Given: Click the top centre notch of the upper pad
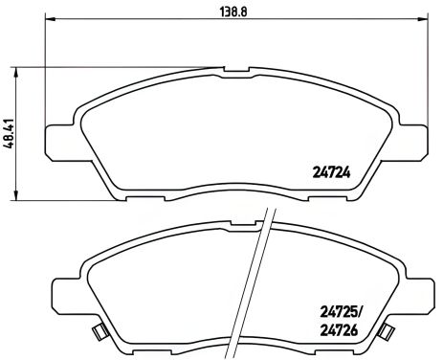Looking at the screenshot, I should click(236, 70).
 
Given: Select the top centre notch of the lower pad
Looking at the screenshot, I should click(236, 223).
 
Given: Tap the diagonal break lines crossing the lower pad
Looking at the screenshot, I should click(260, 287).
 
